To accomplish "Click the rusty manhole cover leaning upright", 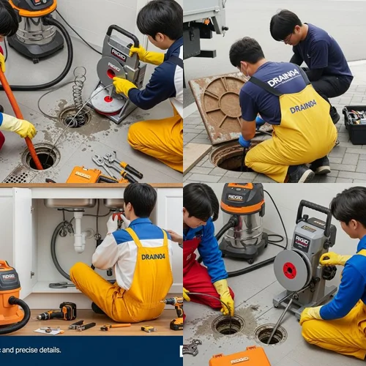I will pyautogui.click(x=220, y=106).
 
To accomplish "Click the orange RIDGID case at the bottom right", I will pyautogui.click(x=239, y=358).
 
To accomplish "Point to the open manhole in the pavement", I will pyautogui.click(x=229, y=155).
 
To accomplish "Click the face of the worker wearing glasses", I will pyautogui.click(x=287, y=37).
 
